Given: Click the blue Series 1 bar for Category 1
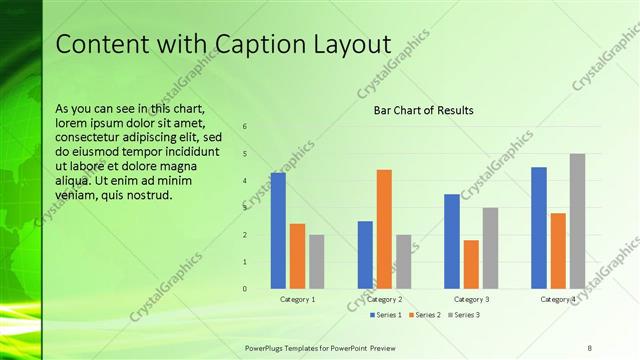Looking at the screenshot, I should coord(278,231).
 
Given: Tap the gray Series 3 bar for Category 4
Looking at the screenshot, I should coord(577,221).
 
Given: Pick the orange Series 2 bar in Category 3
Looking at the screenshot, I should coord(471,264).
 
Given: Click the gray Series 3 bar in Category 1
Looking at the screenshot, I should coord(316,262).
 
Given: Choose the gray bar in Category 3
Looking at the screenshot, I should coord(490,248).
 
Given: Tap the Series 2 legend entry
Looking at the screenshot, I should coord(424,315).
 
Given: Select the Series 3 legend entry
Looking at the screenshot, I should coord(464,315).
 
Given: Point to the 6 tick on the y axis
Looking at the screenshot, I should coord(245,127).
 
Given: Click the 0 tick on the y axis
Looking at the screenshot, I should coord(245,289).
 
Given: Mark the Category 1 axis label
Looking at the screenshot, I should coord(297,299).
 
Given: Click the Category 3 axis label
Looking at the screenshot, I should coord(471,299).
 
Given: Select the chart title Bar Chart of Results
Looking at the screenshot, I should coord(424,110).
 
